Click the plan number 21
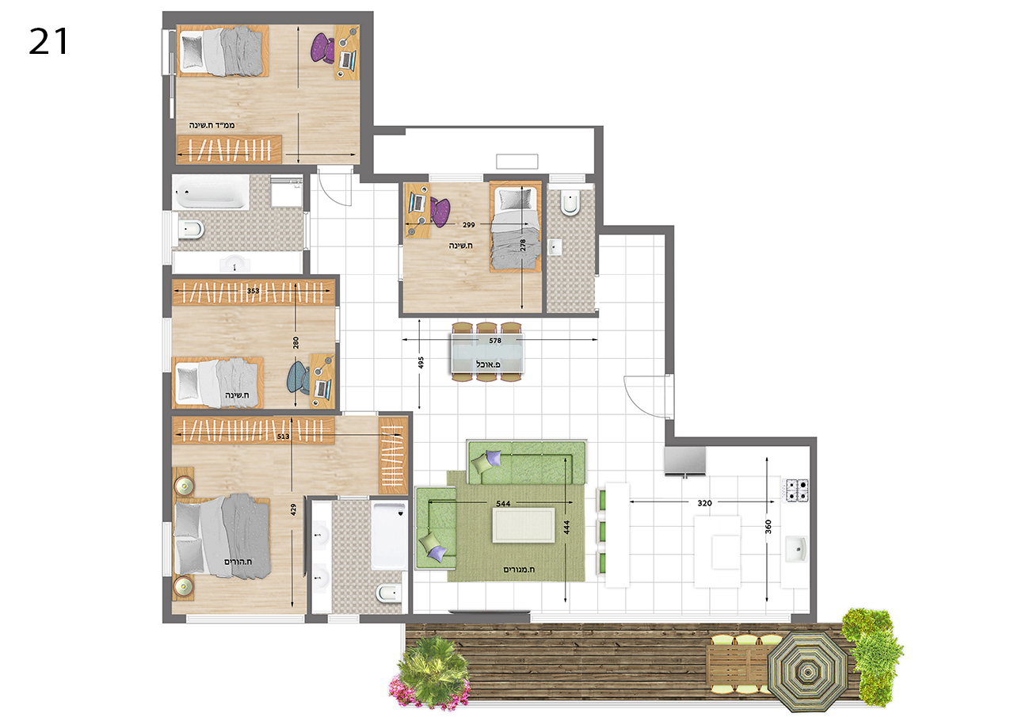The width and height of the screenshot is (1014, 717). (x=48, y=42)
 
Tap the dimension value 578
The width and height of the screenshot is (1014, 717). (x=495, y=341)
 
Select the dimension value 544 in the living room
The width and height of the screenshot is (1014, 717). (x=503, y=503)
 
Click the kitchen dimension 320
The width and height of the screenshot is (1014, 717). (x=704, y=503)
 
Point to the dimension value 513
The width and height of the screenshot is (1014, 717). (x=283, y=437)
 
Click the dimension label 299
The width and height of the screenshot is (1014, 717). (x=468, y=224)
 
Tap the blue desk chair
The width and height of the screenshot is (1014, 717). (x=299, y=377)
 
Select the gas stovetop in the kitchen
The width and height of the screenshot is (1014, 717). (x=796, y=490)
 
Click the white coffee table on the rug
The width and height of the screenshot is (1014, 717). (x=524, y=524)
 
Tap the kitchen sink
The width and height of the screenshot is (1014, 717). (x=796, y=548)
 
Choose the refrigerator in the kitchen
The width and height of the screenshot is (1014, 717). (x=685, y=461)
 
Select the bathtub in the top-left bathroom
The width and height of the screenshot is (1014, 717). (x=212, y=192)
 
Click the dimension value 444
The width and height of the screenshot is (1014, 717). (x=566, y=528)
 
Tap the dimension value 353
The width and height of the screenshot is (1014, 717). (x=253, y=291)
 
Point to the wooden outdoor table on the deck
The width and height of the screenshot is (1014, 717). (x=740, y=665)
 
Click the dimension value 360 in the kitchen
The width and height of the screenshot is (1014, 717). (x=768, y=527)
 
